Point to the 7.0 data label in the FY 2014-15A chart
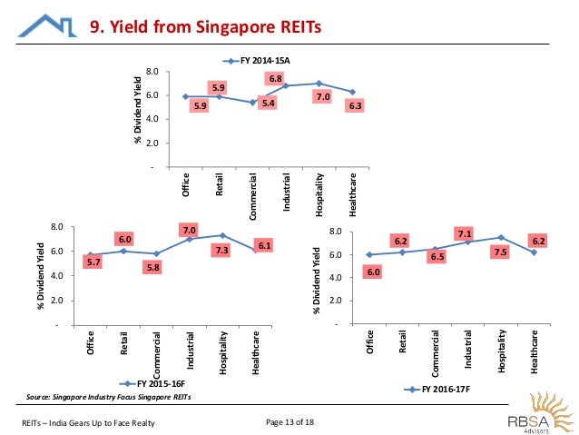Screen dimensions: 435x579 322,97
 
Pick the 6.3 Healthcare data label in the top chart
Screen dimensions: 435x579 357,106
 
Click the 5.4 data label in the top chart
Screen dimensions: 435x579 267,103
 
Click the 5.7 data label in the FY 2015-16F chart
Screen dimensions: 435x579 93,262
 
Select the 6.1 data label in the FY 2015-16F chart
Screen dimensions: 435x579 264,245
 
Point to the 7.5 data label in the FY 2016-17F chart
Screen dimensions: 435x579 499,252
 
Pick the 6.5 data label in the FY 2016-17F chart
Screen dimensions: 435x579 437,257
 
